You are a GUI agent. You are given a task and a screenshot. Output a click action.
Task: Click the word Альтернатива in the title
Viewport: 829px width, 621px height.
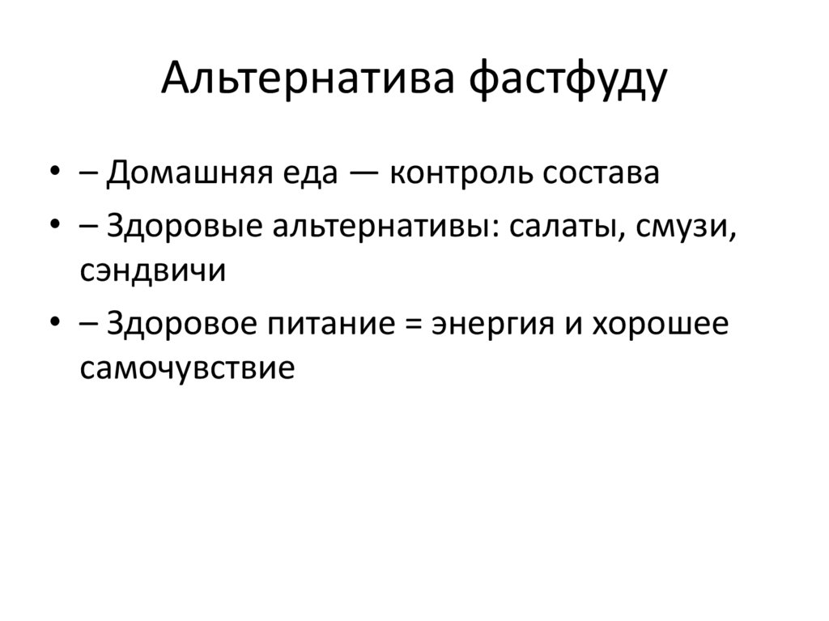click(308, 78)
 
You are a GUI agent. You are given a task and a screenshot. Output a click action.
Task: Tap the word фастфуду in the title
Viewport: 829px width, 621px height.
click(568, 80)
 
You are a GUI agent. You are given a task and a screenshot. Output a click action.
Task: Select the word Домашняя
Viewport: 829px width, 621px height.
click(189, 173)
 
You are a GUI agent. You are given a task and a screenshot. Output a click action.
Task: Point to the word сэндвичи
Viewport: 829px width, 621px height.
click(153, 271)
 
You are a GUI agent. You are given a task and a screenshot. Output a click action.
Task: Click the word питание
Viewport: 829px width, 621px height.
click(331, 324)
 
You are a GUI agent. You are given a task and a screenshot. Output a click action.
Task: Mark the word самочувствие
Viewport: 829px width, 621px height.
click(187, 369)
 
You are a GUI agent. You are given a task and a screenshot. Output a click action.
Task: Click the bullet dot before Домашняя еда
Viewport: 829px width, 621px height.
click(54, 172)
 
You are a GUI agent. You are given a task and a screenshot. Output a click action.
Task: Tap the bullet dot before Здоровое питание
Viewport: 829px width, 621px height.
click(54, 322)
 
